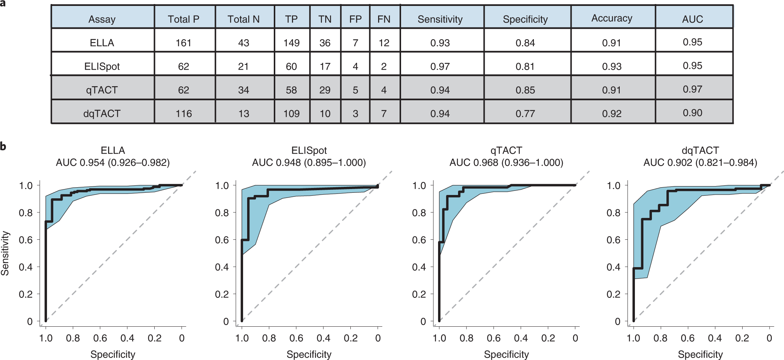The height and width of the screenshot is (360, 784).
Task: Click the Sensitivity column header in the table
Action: [x=440, y=19]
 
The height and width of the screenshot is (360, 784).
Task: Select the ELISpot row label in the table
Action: [x=102, y=67]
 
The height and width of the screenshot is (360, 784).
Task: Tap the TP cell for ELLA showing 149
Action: [x=291, y=43]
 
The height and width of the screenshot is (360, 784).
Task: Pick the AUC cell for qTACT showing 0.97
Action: [x=692, y=90]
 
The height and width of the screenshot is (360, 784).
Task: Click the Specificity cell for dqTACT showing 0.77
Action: [x=525, y=114]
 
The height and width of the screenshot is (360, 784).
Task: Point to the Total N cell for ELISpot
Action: [x=243, y=67]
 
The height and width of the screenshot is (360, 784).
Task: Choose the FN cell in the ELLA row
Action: [x=384, y=43]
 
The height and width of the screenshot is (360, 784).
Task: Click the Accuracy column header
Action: [x=612, y=18]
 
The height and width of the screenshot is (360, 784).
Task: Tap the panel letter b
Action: [x=3, y=147]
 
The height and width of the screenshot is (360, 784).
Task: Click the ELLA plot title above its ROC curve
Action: [x=113, y=151]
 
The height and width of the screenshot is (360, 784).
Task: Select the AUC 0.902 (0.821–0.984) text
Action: [x=700, y=163]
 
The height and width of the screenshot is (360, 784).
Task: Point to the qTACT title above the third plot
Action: [x=506, y=151]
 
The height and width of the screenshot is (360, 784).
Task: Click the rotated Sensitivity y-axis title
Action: [x=5, y=253]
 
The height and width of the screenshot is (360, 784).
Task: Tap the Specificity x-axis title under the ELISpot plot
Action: [x=309, y=354]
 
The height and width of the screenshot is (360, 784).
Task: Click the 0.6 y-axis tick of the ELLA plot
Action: [x=26, y=240]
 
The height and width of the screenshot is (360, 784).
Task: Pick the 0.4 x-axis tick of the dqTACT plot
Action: [x=715, y=338]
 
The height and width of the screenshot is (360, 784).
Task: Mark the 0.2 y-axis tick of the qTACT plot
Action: [x=419, y=294]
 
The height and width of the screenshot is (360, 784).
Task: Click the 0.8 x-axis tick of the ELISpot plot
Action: [x=269, y=338]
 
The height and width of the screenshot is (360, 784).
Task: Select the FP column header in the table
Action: [x=355, y=19]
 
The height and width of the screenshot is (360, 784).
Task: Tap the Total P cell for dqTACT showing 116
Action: [x=184, y=114]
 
